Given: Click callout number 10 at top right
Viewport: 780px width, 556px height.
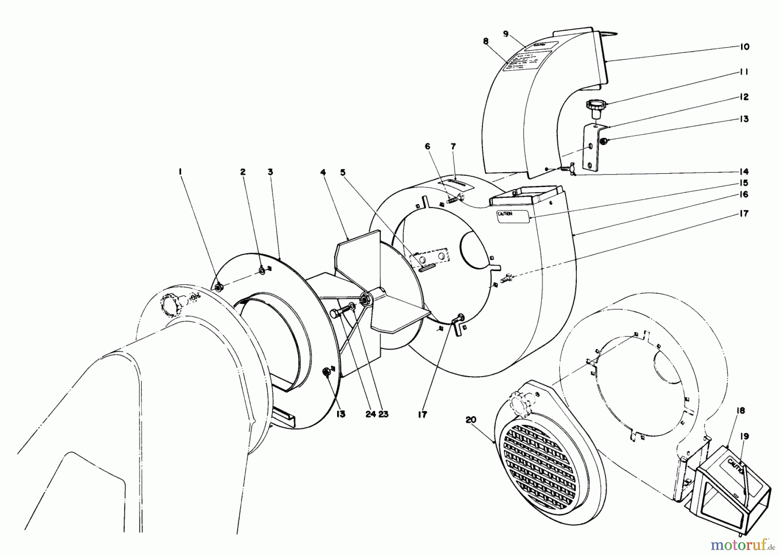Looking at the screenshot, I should point(744,47).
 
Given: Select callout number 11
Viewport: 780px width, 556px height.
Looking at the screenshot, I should point(744,72).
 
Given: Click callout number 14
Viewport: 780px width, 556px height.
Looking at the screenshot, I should point(744,171).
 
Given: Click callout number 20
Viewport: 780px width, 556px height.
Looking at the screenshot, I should point(471,419).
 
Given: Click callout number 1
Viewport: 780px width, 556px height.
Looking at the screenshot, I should point(180,172).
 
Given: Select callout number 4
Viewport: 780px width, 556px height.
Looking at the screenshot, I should point(323,172).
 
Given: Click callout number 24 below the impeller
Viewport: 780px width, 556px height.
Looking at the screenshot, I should point(370,414).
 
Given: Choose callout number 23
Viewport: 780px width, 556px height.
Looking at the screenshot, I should point(383,414).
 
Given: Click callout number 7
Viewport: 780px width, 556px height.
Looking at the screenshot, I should point(453,147).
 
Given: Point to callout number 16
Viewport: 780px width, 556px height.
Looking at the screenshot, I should point(744,195).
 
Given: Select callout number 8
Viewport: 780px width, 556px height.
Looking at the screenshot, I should point(485,41).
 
